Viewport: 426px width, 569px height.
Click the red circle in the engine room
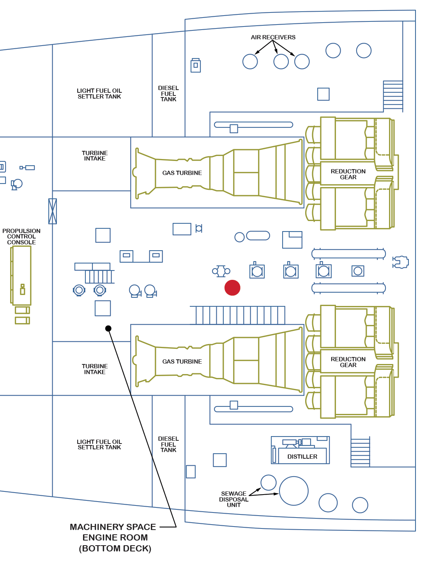[232, 288]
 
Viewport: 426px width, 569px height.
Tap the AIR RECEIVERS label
[273, 37]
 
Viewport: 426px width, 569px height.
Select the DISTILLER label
[302, 456]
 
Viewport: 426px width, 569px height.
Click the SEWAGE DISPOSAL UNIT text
[233, 499]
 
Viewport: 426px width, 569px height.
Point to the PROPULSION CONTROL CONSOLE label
[21, 237]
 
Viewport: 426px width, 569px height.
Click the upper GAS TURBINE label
[182, 173]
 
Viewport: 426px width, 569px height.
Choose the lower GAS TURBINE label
[182, 362]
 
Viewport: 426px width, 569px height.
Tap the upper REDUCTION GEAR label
[348, 174]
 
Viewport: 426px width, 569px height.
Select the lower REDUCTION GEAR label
[348, 362]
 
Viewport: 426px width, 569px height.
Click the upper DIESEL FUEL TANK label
[168, 94]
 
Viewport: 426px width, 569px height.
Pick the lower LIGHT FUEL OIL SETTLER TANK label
[99, 445]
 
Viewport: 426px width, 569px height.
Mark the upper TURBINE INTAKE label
[95, 156]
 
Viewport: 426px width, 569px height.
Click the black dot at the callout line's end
[108, 329]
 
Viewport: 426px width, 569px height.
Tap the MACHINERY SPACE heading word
[113, 527]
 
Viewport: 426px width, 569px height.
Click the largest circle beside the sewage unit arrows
[294, 491]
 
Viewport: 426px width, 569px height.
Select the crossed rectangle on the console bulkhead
[53, 211]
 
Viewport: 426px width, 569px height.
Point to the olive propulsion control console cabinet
[21, 275]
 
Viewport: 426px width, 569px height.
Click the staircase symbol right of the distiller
[360, 452]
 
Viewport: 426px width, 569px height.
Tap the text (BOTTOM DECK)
[115, 548]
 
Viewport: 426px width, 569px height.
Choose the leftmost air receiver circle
[250, 62]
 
